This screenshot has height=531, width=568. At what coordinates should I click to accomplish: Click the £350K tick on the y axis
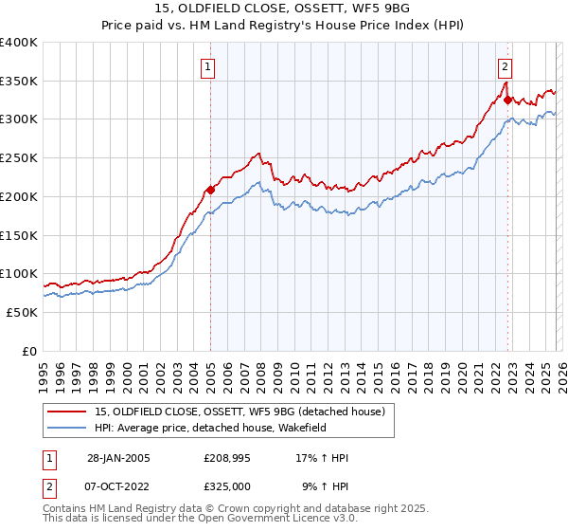[19, 81]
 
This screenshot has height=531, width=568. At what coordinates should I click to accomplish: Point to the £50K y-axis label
[22, 312]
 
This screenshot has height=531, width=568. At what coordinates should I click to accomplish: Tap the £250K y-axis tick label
[19, 158]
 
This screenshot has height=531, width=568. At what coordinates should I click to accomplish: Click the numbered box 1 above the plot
[206, 66]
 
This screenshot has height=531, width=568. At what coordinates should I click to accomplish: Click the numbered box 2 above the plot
[506, 66]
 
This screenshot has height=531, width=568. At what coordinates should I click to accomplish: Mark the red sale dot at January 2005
[210, 190]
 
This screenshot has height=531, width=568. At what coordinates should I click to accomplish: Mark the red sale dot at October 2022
[508, 100]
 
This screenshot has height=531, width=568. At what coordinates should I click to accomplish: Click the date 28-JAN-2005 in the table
[118, 458]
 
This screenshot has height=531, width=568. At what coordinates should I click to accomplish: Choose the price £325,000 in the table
[227, 485]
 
